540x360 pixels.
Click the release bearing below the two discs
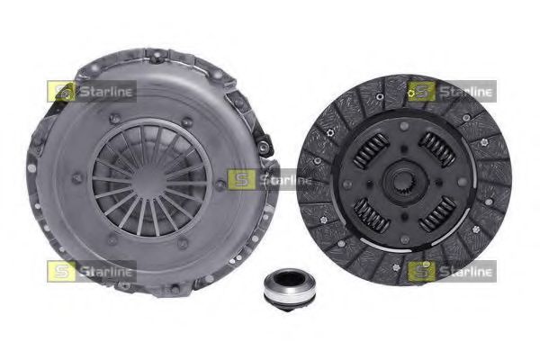click(283, 291)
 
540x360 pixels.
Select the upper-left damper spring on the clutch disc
click(372, 150)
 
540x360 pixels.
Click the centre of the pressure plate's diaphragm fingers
click(149, 179)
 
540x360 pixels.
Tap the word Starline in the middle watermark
click(285, 180)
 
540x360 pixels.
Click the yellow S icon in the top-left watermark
click(61, 92)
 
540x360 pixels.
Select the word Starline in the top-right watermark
click(466, 92)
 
